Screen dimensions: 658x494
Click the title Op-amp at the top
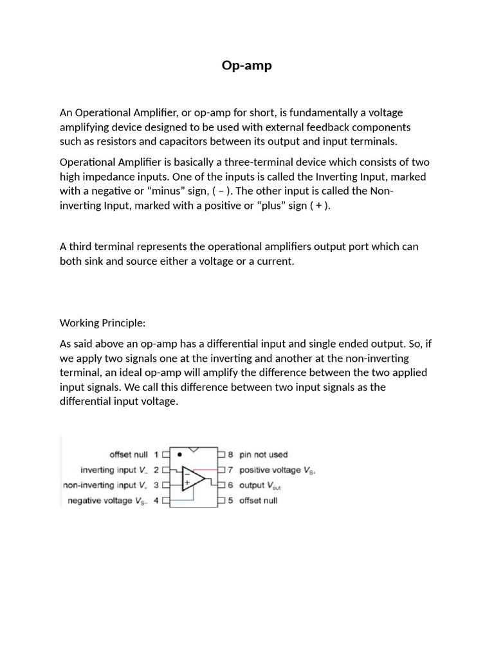(246, 65)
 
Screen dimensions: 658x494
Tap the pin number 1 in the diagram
(156, 454)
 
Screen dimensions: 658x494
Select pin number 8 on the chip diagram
(231, 454)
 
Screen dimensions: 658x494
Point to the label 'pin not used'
(264, 454)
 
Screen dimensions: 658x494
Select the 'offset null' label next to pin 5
(258, 501)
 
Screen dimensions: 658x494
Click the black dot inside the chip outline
(179, 454)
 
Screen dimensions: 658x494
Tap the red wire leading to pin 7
(207, 470)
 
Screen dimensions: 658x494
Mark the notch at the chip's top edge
(193, 449)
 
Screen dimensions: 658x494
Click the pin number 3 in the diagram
(156, 485)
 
